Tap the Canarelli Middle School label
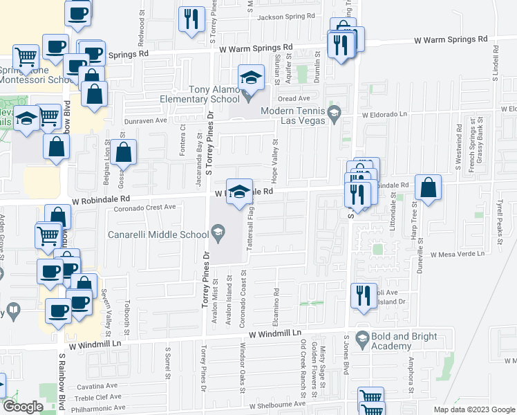[158, 234]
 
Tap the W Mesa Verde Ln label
[457, 255]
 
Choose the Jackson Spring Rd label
[286, 15]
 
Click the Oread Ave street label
[299, 98]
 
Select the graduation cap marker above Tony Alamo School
[251, 77]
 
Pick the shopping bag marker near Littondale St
[429, 188]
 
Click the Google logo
[22, 407]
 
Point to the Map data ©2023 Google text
[473, 409]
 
